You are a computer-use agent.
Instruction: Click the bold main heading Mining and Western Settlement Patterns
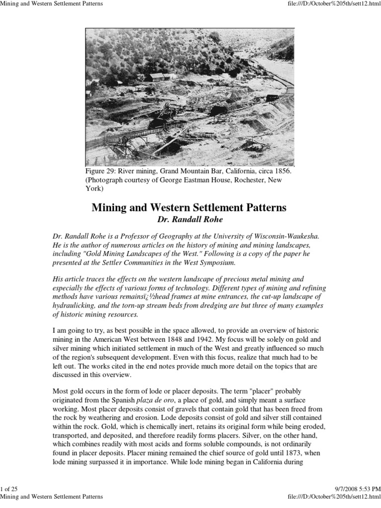pos(189,207)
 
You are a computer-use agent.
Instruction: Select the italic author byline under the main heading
pos(189,219)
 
